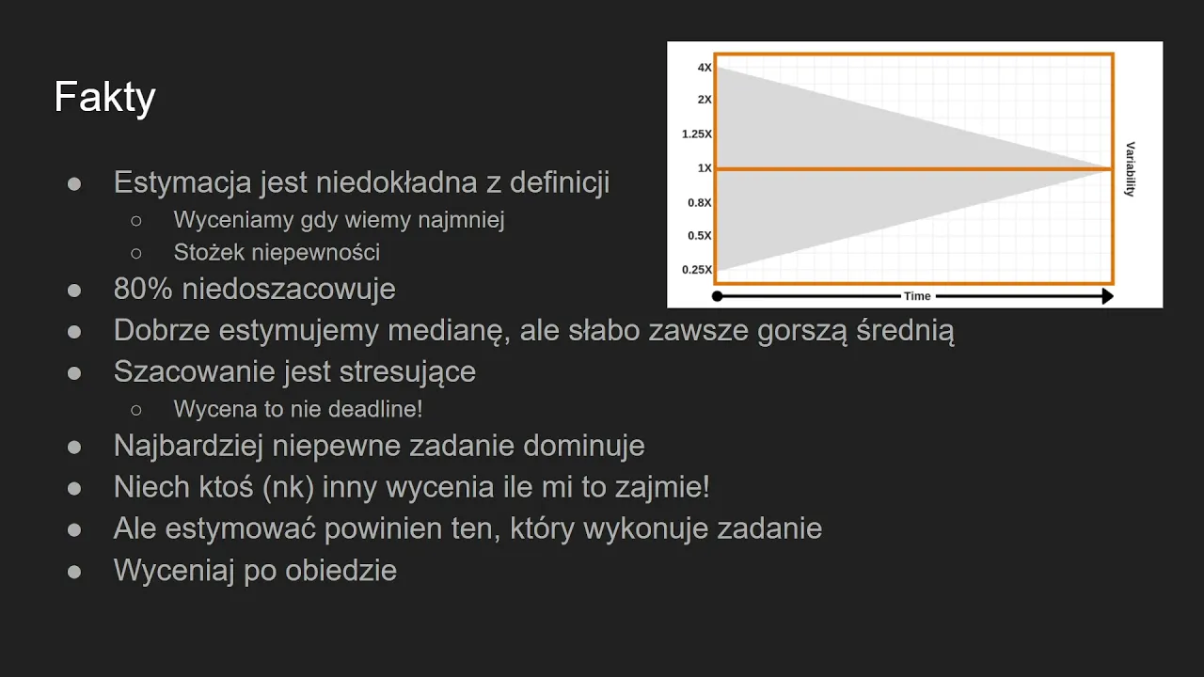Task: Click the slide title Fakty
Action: click(x=104, y=97)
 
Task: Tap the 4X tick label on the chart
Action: click(x=705, y=68)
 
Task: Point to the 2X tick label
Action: click(x=705, y=100)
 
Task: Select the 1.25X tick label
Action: click(x=697, y=134)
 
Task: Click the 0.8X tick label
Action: click(x=699, y=202)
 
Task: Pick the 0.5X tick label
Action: click(x=699, y=235)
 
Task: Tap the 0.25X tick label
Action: click(x=697, y=270)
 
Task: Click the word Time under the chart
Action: click(x=917, y=296)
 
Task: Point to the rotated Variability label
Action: click(x=1131, y=169)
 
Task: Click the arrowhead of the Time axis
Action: click(x=1107, y=296)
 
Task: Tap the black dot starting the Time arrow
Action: click(x=717, y=296)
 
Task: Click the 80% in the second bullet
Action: click(x=143, y=289)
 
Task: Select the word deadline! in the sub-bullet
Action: click(x=375, y=409)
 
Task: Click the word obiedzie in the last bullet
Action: click(x=341, y=570)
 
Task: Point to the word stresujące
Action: click(x=407, y=372)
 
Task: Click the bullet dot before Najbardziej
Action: click(x=74, y=448)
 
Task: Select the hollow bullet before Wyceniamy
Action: click(x=136, y=221)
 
